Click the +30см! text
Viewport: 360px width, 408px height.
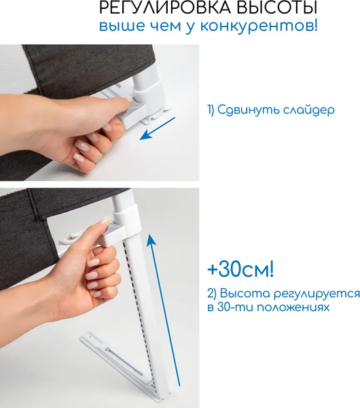(241, 269)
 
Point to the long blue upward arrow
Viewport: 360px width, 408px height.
(166, 306)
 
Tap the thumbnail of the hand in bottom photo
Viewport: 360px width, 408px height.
(104, 222)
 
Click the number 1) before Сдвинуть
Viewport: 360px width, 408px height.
(212, 109)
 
